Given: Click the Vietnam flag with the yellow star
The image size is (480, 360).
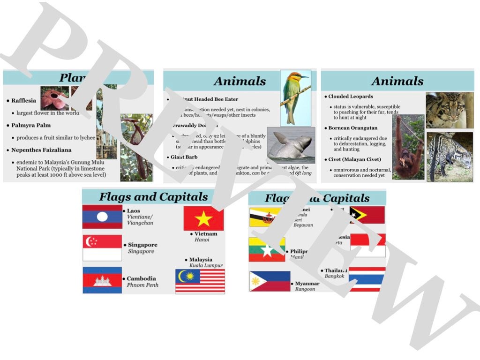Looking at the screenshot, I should tap(203, 218).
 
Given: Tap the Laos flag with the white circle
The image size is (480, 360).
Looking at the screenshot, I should tap(102, 217).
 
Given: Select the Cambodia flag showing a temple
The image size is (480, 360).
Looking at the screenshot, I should tap(102, 280).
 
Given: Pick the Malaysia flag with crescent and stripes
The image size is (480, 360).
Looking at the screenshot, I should tap(200, 281).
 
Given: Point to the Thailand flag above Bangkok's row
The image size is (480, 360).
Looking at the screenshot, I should tap(367, 279).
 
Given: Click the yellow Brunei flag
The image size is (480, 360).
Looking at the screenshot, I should tap(265, 217).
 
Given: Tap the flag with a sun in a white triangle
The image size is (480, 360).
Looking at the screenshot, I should tap(270, 281).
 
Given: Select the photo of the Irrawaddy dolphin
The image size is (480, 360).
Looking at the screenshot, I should tap(291, 145).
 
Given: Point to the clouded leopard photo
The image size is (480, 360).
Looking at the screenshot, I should tap(449, 110).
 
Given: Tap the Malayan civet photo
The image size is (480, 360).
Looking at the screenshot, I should tap(450, 157).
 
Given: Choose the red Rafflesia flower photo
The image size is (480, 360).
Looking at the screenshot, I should tap(54, 98).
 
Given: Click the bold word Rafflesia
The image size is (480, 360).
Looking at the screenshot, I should tap(23, 101).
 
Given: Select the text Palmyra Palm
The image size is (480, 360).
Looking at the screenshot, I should tap(31, 126).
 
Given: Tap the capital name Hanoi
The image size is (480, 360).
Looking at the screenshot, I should tap(202, 240).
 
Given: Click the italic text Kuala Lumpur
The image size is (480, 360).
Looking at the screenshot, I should tap(206, 266).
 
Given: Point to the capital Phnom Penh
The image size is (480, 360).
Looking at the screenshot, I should tap(142, 285).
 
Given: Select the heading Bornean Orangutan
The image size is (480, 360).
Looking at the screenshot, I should tap(352, 128).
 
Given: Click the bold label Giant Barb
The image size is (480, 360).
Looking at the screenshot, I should tap(184, 157).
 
